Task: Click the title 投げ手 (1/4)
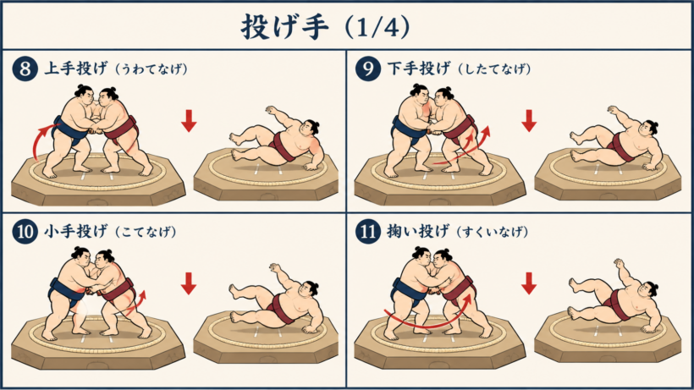click(325, 27)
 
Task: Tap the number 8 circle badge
click(25, 69)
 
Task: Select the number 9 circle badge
click(368, 69)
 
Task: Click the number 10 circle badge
click(25, 232)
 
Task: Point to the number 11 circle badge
click(368, 232)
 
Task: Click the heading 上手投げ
click(75, 69)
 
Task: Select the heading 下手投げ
click(419, 69)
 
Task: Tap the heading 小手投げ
click(75, 231)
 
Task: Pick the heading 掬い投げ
click(418, 231)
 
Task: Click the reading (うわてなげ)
click(151, 69)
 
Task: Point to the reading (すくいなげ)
click(492, 232)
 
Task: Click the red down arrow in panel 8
click(189, 121)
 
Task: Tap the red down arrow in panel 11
click(529, 283)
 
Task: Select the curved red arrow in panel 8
click(40, 136)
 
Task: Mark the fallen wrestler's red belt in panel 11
click(619, 304)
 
